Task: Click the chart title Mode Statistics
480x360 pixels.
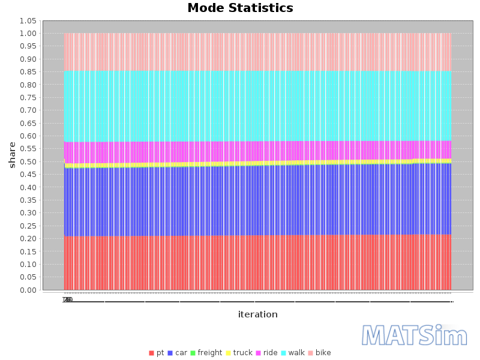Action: coord(240,8)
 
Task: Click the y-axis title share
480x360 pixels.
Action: coord(12,155)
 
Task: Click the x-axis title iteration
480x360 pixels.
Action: coord(257,314)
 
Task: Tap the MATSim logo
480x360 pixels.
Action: coord(415,335)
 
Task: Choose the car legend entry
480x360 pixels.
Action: coord(178,353)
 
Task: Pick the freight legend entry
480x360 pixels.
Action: coord(206,353)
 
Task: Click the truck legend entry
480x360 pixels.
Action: coord(239,353)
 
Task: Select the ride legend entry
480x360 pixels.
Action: coord(266,353)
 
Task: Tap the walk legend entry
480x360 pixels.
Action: coord(293,353)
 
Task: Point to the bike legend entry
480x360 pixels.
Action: coord(319,353)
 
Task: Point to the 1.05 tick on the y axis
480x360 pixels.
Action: coord(28,21)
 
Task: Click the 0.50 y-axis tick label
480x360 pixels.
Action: coord(28,162)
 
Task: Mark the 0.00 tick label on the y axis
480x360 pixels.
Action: coord(28,290)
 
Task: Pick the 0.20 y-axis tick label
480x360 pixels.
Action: coord(28,239)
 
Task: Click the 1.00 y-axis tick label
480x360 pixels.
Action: coord(28,34)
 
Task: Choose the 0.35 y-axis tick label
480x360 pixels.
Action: coord(28,200)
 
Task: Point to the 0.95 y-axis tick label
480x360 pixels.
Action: coord(28,46)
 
